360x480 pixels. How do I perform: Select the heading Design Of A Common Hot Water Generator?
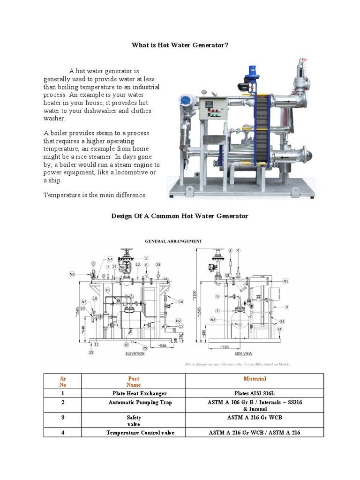coord(180,216)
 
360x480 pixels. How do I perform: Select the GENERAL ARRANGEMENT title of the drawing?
coord(173,241)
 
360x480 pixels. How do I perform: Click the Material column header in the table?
coord(255,379)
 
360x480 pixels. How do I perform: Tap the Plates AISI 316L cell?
coord(255,393)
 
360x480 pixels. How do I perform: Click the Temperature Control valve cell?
coord(140,433)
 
